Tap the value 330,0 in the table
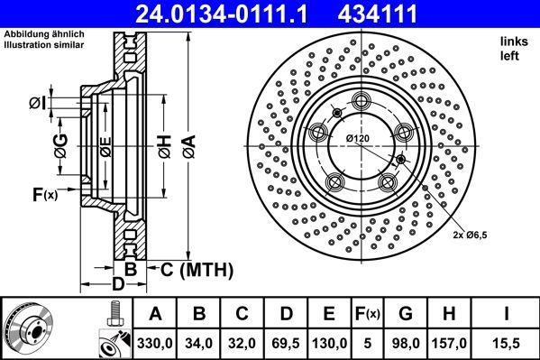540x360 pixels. [156, 343]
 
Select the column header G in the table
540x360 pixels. [406, 315]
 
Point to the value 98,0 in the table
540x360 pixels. [406, 343]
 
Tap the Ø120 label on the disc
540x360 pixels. [359, 137]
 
